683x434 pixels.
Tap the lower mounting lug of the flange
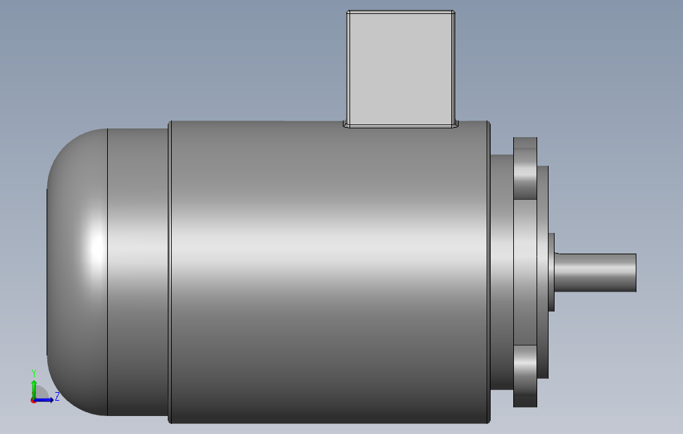click(525, 375)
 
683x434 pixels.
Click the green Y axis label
click(33, 373)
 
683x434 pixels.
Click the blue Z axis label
click(57, 397)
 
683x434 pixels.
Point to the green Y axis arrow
click(33, 387)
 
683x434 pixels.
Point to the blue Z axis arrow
click(46, 400)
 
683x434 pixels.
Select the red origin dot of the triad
click(33, 401)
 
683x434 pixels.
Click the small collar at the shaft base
click(552, 272)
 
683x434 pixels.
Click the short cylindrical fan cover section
click(138, 272)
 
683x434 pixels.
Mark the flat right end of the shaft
click(636, 272)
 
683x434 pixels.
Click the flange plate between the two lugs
click(526, 272)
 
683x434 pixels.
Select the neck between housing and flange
click(501, 272)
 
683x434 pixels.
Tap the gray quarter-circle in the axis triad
click(40, 393)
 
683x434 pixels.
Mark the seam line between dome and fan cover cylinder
click(108, 272)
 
